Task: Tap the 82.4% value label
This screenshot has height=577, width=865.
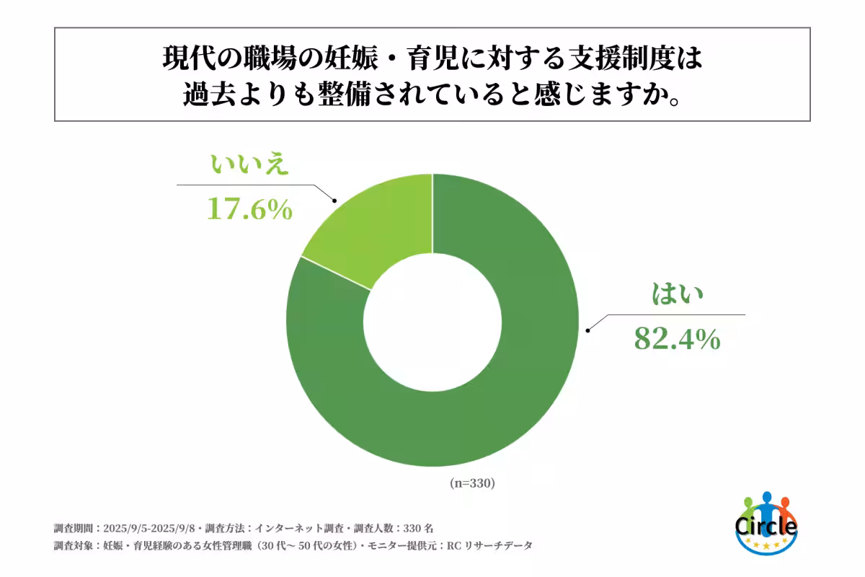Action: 677,338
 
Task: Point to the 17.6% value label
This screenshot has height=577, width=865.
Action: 249,209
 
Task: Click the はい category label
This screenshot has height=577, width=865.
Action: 677,296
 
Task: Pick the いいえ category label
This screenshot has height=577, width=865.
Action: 249,166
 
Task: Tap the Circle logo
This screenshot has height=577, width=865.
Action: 766,523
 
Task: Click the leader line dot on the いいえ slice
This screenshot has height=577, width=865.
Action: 334,201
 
